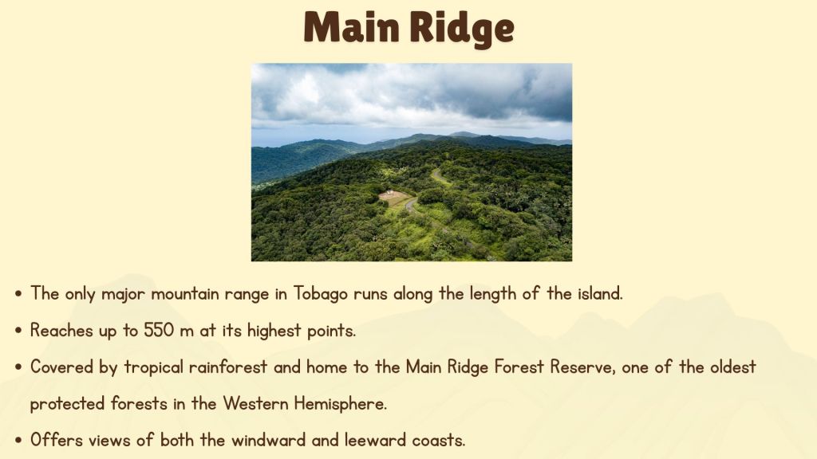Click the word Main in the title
click(x=352, y=27)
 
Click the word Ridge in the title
click(x=462, y=29)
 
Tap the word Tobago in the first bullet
click(x=321, y=294)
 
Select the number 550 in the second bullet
click(x=159, y=330)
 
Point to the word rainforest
click(x=227, y=367)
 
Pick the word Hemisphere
click(x=340, y=404)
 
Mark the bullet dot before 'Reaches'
click(x=19, y=331)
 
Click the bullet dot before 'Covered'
click(x=19, y=367)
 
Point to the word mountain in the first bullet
click(x=185, y=294)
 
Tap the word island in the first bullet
click(x=600, y=293)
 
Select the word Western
click(x=255, y=403)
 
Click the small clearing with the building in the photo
click(x=394, y=198)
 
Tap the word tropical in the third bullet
click(x=154, y=368)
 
